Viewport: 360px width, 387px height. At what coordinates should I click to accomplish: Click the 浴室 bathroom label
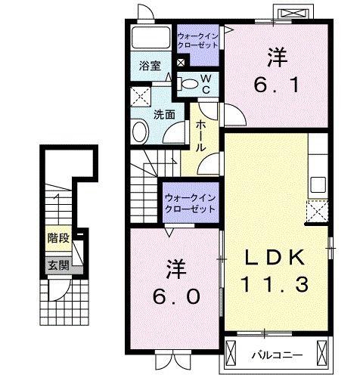pyautogui.click(x=151, y=67)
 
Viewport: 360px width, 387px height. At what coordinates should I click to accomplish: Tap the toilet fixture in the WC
pyautogui.click(x=188, y=84)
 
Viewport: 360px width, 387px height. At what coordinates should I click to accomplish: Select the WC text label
pyautogui.click(x=206, y=84)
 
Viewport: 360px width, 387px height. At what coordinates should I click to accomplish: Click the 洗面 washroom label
pyautogui.click(x=164, y=115)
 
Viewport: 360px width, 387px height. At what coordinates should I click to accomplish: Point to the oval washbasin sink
pyautogui.click(x=141, y=132)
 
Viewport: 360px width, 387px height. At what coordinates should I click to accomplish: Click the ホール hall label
pyautogui.click(x=200, y=136)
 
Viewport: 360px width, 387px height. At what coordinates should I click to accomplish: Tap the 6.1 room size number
pyautogui.click(x=277, y=71)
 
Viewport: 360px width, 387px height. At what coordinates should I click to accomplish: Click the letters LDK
pyautogui.click(x=275, y=258)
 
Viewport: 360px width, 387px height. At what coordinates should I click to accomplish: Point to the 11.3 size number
pyautogui.click(x=275, y=284)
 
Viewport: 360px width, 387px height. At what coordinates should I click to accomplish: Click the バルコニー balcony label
pyautogui.click(x=278, y=356)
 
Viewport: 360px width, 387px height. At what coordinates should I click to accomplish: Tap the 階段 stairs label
pyautogui.click(x=58, y=238)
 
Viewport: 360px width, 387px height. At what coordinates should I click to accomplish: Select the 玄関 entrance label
pyautogui.click(x=58, y=265)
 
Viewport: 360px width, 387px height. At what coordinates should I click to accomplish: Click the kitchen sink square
pyautogui.click(x=318, y=184)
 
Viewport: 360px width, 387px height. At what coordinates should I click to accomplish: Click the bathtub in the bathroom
pyautogui.click(x=151, y=37)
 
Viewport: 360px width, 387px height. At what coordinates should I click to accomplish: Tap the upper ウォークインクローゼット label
pyautogui.click(x=197, y=41)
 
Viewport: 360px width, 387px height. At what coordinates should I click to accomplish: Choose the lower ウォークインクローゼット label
pyautogui.click(x=191, y=203)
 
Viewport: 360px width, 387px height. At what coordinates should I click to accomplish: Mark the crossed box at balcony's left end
pyautogui.click(x=231, y=353)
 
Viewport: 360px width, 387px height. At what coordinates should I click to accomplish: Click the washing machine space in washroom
pyautogui.click(x=141, y=97)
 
